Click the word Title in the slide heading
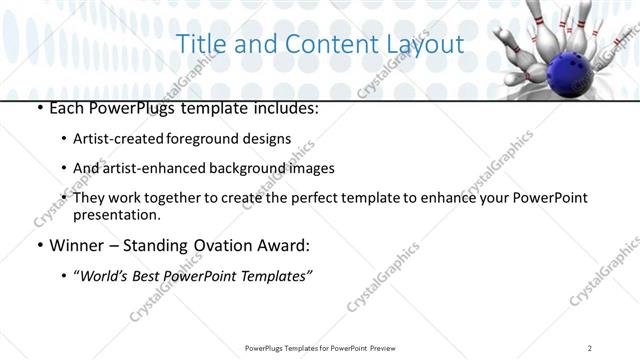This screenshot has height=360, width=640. point(198,45)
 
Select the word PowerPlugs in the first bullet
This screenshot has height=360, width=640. point(126,107)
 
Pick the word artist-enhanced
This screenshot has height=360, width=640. point(158,168)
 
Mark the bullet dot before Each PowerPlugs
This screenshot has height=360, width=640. point(39,108)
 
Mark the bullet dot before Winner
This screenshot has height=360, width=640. point(39,246)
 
